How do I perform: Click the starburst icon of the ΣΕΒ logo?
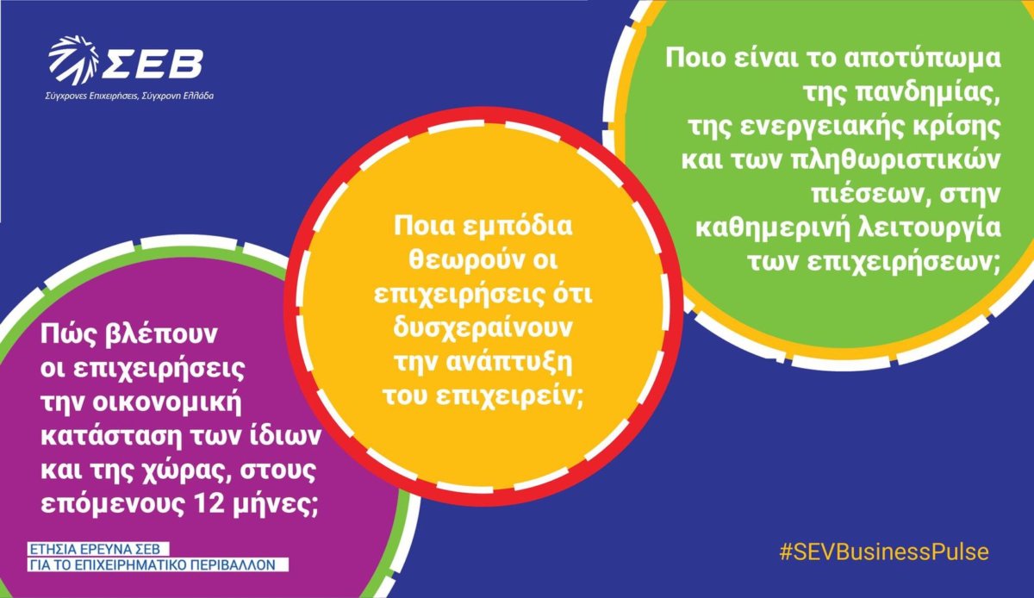74,60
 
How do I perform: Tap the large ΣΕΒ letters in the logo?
153,64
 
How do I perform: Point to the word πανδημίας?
928,93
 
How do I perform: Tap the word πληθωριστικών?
896,160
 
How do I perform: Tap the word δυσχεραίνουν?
483,328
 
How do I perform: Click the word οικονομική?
166,402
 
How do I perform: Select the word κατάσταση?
113,436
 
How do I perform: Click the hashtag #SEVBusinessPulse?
884,551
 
